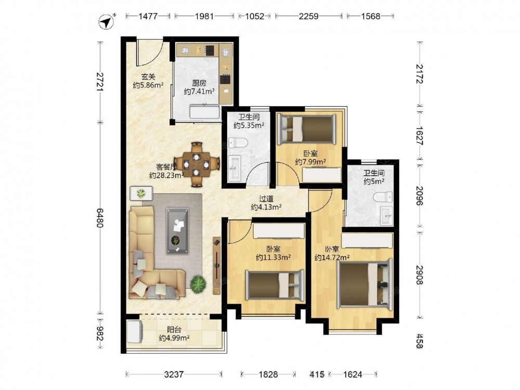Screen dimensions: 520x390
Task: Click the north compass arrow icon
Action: (x=107, y=22)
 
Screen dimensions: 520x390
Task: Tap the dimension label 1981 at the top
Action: (x=204, y=16)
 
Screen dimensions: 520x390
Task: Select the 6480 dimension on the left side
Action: (x=100, y=217)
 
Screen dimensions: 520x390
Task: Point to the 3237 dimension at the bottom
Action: (x=174, y=374)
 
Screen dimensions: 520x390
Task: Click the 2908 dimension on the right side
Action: (x=420, y=275)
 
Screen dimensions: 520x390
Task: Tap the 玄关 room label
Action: (x=148, y=77)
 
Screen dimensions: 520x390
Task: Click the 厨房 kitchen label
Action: (x=199, y=83)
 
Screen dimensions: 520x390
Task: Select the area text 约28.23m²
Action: (x=166, y=175)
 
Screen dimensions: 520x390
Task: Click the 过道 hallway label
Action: (x=266, y=199)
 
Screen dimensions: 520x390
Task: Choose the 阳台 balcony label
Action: (x=174, y=330)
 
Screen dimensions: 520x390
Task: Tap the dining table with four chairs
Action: (x=197, y=164)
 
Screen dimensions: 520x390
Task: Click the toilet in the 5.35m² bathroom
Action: (x=239, y=142)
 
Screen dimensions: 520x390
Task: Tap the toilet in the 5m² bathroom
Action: (x=383, y=197)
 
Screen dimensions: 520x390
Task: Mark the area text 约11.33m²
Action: (x=274, y=257)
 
